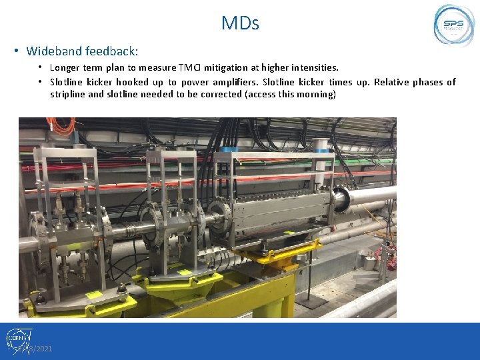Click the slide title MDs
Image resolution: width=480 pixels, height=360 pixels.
coord(240,24)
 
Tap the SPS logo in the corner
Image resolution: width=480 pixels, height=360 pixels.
coord(454,25)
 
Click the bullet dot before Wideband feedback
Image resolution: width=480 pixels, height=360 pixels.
coord(16,51)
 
